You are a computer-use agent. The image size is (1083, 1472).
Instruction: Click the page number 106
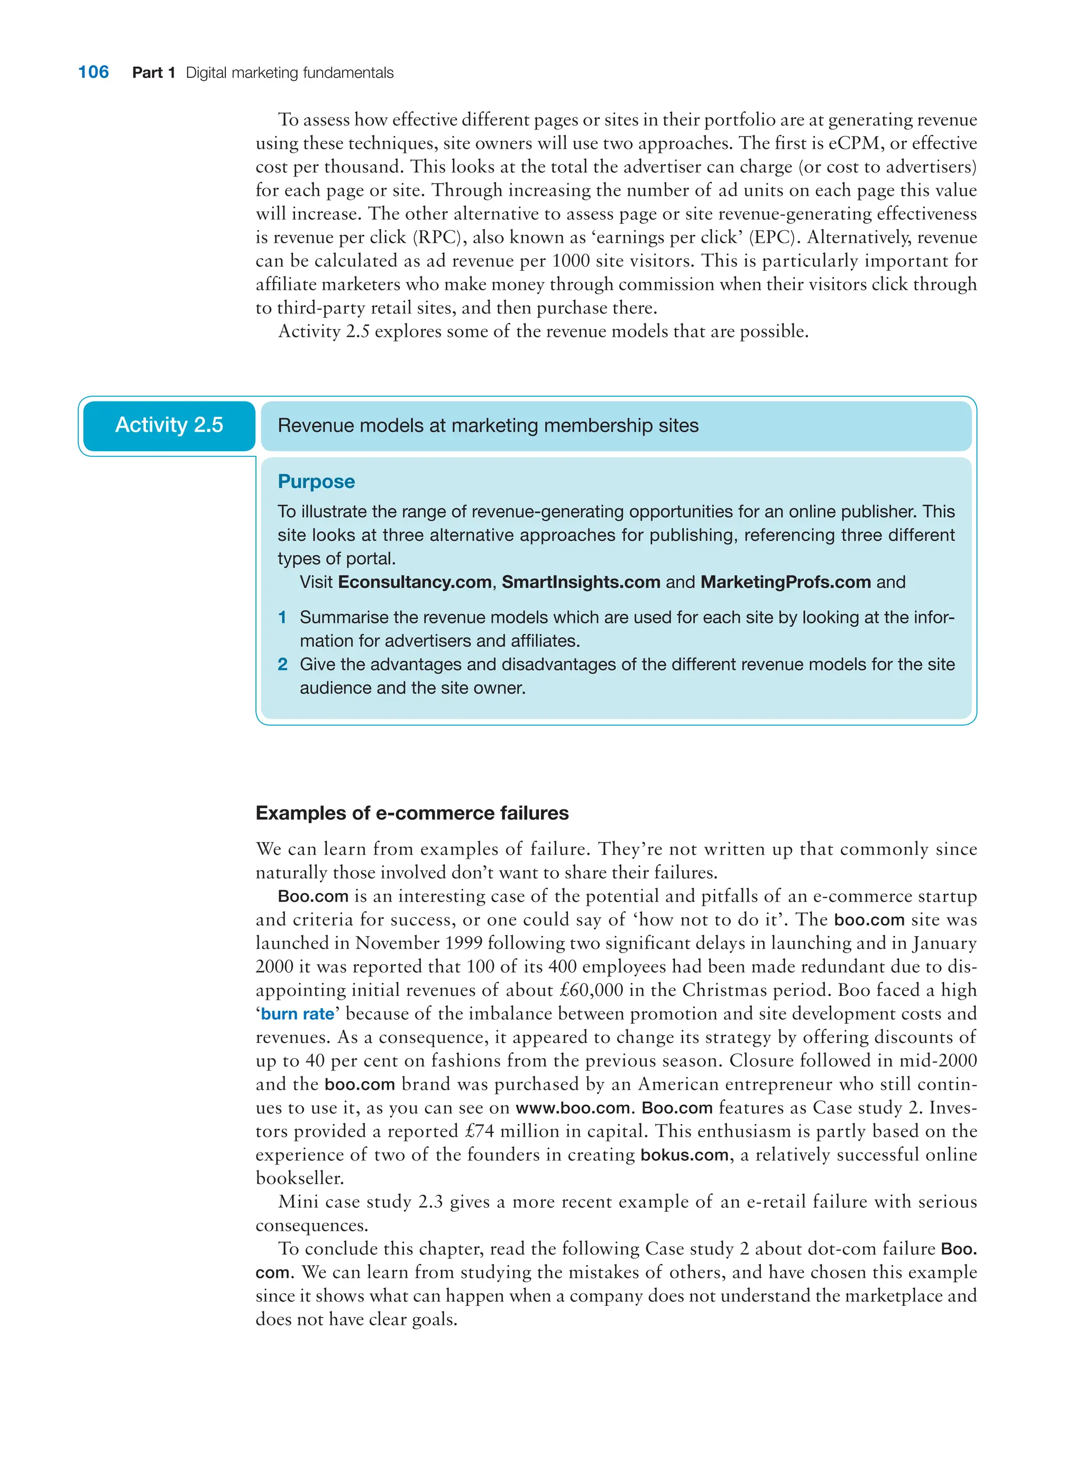tap(93, 72)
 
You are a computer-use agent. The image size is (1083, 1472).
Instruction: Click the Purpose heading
tap(316, 481)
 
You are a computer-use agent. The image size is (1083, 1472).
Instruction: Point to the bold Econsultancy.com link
tap(414, 582)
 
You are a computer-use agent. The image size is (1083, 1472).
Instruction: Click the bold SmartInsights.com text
tap(580, 582)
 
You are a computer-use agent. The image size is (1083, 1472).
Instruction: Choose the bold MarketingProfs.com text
tap(785, 582)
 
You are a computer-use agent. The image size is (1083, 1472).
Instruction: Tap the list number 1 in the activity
tap(282, 617)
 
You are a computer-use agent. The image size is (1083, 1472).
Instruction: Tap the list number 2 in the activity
tap(282, 664)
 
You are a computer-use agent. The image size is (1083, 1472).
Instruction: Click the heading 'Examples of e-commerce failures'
tap(412, 813)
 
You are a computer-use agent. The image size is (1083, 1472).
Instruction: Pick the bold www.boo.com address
tap(572, 1108)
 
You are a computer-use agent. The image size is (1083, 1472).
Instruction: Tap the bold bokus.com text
tap(684, 1155)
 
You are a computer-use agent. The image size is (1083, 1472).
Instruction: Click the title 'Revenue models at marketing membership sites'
tap(488, 426)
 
